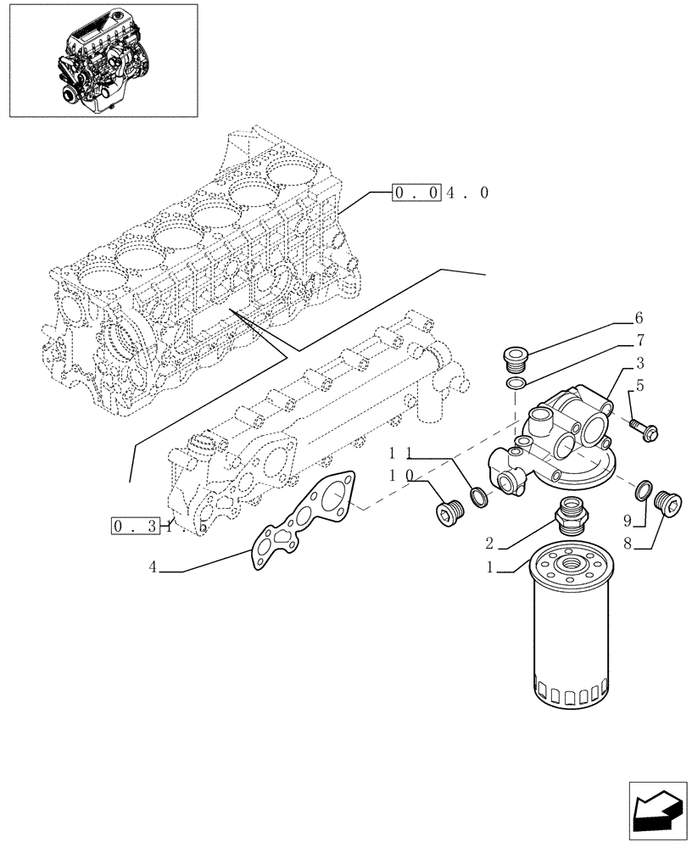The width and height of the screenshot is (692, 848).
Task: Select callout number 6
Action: (x=639, y=319)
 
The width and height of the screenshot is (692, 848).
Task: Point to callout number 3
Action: (x=639, y=363)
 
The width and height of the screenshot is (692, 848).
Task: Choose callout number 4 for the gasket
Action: (x=153, y=569)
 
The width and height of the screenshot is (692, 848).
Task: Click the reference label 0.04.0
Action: (x=440, y=193)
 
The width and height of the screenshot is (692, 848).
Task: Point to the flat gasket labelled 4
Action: (x=306, y=518)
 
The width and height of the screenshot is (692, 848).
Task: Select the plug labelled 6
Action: (x=514, y=360)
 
